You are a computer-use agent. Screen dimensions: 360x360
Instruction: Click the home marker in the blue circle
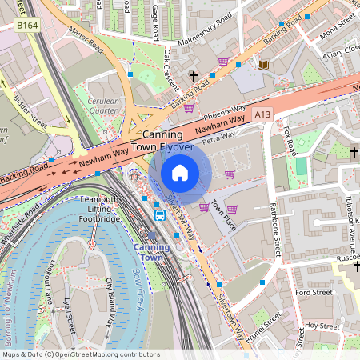pyautogui.click(x=180, y=173)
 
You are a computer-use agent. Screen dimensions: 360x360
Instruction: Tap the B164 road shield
pyautogui.click(x=28, y=26)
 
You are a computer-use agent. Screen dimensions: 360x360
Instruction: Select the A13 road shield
pyautogui.click(x=262, y=116)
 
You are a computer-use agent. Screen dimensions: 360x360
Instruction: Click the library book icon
pyautogui.click(x=263, y=64)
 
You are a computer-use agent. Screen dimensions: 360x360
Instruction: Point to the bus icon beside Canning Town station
pyautogui.click(x=160, y=214)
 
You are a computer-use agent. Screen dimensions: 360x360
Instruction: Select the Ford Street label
pyautogui.click(x=314, y=293)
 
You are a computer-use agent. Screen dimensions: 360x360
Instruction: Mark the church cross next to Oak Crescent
pyautogui.click(x=193, y=77)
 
